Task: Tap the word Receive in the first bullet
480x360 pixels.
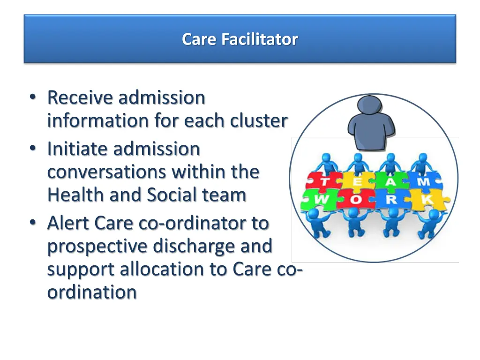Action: click(x=80, y=98)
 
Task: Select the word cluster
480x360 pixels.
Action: click(x=258, y=121)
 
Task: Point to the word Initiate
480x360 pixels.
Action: click(x=77, y=149)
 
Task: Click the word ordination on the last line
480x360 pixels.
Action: click(x=92, y=292)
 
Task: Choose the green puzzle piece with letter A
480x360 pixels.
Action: click(x=391, y=182)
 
